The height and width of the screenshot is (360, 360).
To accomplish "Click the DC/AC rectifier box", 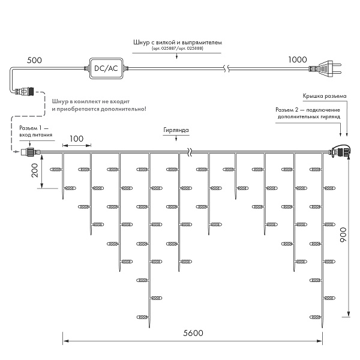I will (x=106, y=68).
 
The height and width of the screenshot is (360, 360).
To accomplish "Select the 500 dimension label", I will (x=35, y=61).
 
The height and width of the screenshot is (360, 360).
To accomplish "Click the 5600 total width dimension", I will (x=194, y=334).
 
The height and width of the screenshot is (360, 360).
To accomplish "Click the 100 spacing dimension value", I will (x=76, y=139).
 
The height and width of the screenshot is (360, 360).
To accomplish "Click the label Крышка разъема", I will (x=325, y=97).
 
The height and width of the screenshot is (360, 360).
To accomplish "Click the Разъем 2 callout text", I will (x=308, y=114).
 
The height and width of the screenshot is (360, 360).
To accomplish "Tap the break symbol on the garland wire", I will (x=191, y=152).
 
